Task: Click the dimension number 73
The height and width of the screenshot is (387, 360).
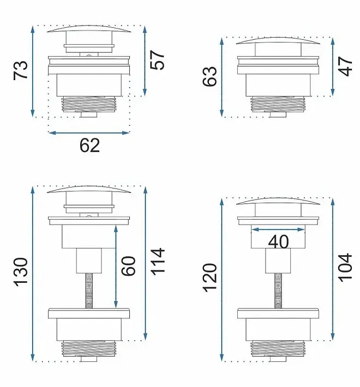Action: pyautogui.click(x=21, y=70)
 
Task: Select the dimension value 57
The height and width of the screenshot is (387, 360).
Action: pyautogui.click(x=157, y=60)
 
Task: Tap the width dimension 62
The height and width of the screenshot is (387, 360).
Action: pyautogui.click(x=89, y=146)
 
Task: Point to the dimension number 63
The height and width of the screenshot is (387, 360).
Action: pyautogui.click(x=209, y=76)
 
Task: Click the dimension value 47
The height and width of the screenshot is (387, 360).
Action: pyautogui.click(x=345, y=66)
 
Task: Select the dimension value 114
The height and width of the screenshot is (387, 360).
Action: pyautogui.click(x=157, y=262)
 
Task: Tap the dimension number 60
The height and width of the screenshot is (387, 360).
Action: pyautogui.click(x=128, y=266)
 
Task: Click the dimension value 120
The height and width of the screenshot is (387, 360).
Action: pyautogui.click(x=210, y=278)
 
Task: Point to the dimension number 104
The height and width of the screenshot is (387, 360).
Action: pyautogui.click(x=345, y=268)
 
